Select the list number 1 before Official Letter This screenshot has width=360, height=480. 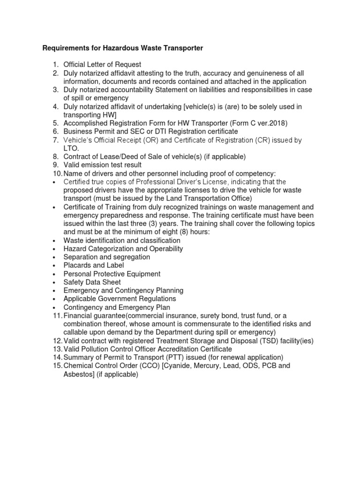[x=55, y=65]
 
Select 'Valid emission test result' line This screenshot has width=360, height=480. [x=102, y=165]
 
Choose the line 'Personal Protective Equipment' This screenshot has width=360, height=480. [x=112, y=274]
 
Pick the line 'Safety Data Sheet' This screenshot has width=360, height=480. [x=92, y=282]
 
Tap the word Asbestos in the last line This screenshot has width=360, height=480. [x=79, y=374]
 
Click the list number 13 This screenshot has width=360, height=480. [x=57, y=349]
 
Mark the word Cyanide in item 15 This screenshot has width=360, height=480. [x=179, y=366]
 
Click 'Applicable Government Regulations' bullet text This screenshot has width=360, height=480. [x=120, y=299]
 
